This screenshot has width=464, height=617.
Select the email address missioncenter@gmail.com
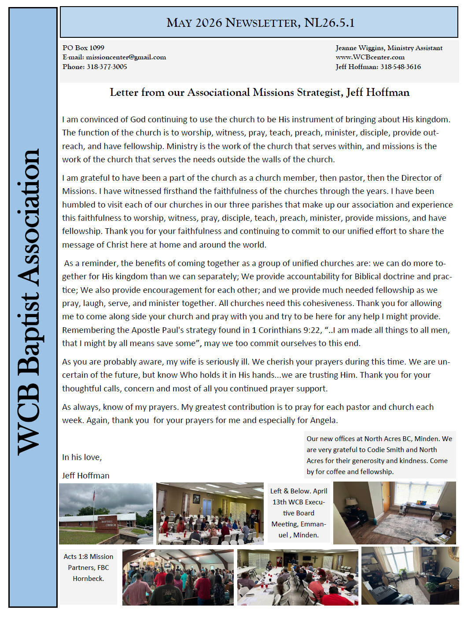126,57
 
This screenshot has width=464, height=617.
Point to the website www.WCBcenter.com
370,57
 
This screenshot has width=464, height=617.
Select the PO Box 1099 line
83,48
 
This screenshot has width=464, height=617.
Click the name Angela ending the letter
323,420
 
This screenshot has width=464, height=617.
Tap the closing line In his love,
82,457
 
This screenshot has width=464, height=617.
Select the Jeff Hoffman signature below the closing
85,476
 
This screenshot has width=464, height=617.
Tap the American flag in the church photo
93,495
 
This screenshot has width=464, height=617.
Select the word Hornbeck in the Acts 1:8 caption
88,579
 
